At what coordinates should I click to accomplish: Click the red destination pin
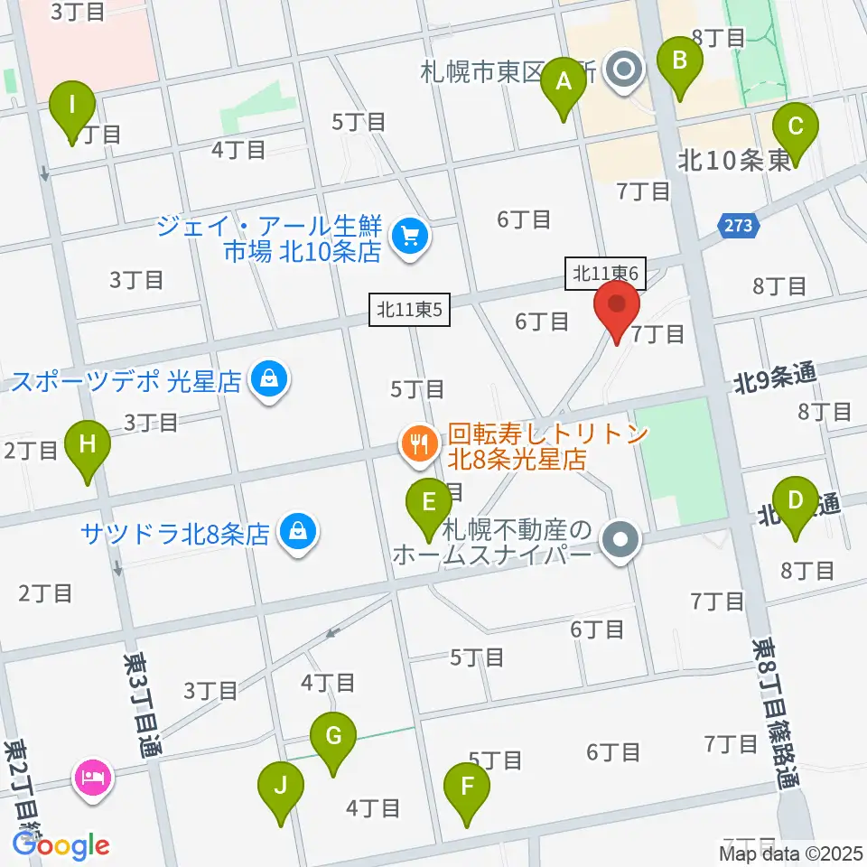tap(618, 311)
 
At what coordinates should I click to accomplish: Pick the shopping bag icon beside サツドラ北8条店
tap(297, 531)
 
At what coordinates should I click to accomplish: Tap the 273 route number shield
tap(734, 222)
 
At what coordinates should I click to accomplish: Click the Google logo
tap(61, 845)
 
